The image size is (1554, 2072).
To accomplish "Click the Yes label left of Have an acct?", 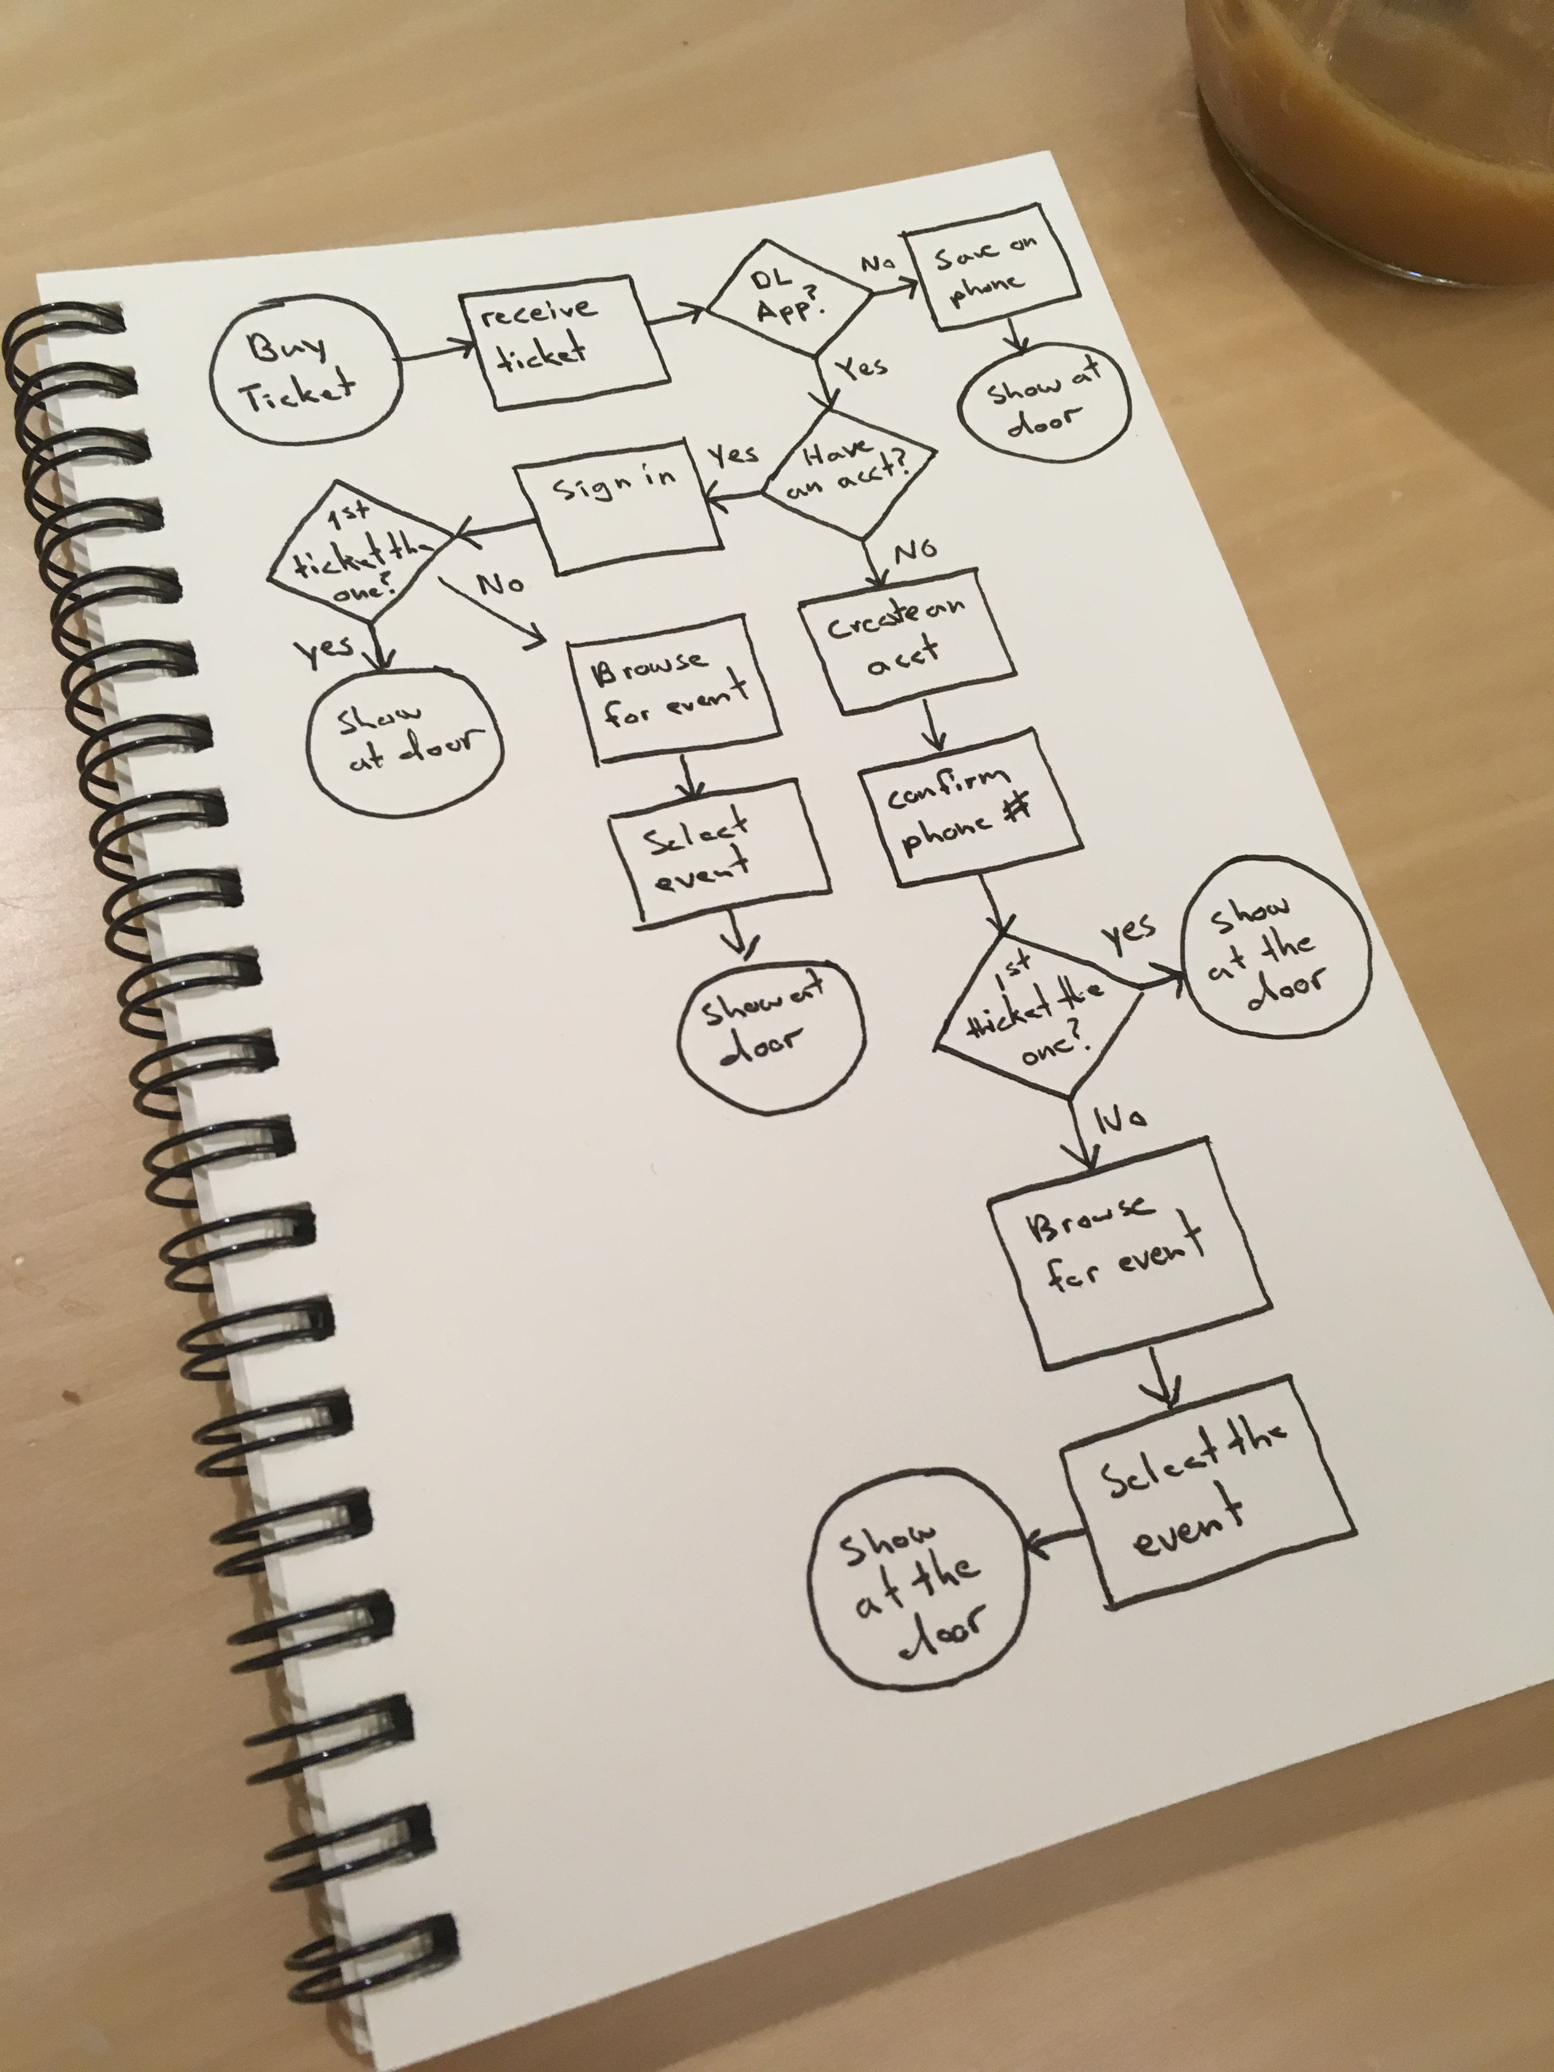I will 732,456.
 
